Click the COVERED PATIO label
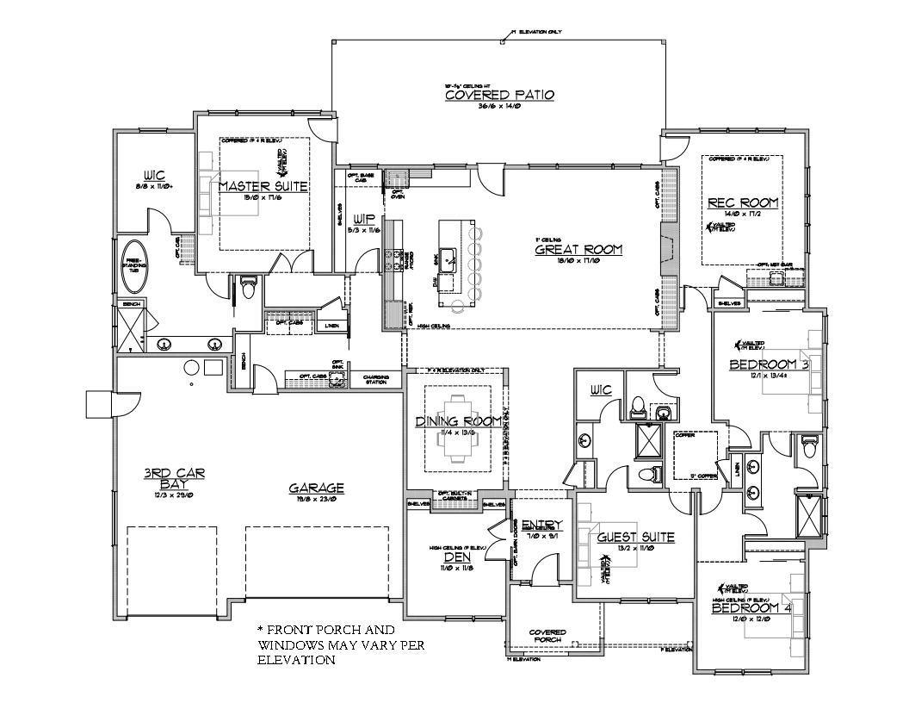[x=498, y=95]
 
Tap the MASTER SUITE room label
[x=263, y=186]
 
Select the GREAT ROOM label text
[x=578, y=250]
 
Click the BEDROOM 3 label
[x=768, y=364]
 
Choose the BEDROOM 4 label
[x=751, y=607]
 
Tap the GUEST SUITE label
[x=635, y=538]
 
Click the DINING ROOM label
[x=459, y=420]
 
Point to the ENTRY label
[x=541, y=525]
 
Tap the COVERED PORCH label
[x=547, y=635]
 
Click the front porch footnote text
[x=339, y=644]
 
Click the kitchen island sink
[x=449, y=258]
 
